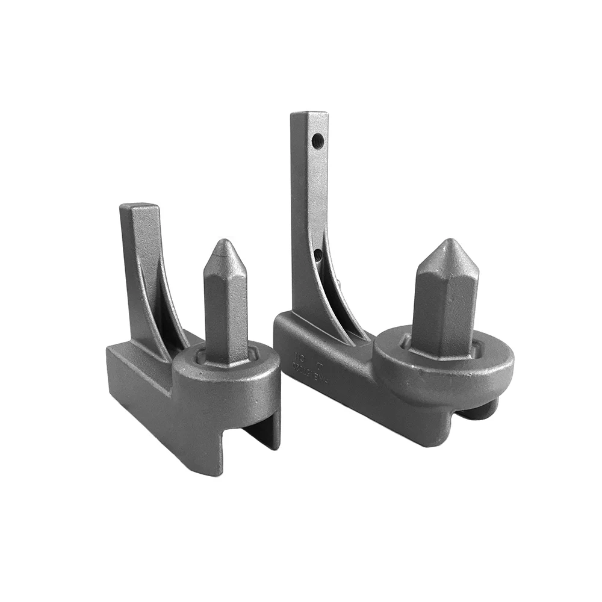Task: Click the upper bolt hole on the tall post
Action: click(318, 141)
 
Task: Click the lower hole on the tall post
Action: click(319, 256)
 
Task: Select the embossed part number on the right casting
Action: click(296, 364)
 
